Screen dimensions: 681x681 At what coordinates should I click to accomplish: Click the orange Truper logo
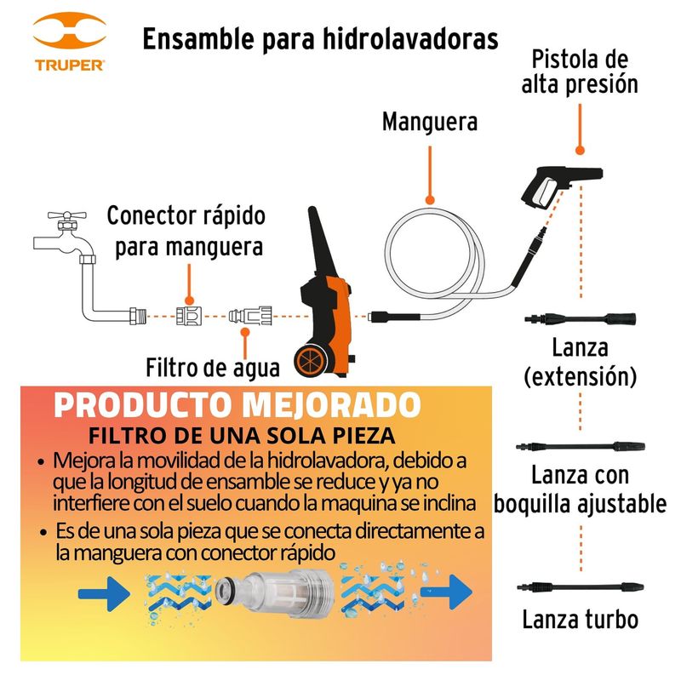point(70,41)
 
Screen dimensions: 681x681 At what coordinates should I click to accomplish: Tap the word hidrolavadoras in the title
point(410,39)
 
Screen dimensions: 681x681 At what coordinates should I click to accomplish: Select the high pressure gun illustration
point(561,186)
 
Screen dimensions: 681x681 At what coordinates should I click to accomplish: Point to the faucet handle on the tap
point(67,215)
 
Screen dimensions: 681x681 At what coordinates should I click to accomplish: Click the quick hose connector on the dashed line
point(189,316)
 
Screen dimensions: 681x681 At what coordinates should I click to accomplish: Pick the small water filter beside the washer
point(250,315)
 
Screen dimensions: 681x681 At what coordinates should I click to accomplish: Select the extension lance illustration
point(581,318)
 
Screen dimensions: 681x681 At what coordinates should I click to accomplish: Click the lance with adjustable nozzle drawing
point(581,446)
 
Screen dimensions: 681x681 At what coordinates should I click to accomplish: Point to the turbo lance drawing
point(581,587)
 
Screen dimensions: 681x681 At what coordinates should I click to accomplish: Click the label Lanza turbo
point(581,619)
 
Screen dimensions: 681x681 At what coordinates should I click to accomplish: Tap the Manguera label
point(430,122)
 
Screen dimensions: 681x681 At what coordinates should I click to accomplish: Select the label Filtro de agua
point(212,368)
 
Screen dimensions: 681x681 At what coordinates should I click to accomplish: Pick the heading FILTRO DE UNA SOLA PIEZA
point(242,436)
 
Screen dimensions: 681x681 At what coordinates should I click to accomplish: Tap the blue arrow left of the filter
point(104,593)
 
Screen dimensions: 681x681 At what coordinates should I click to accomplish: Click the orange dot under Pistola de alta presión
point(580,151)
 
